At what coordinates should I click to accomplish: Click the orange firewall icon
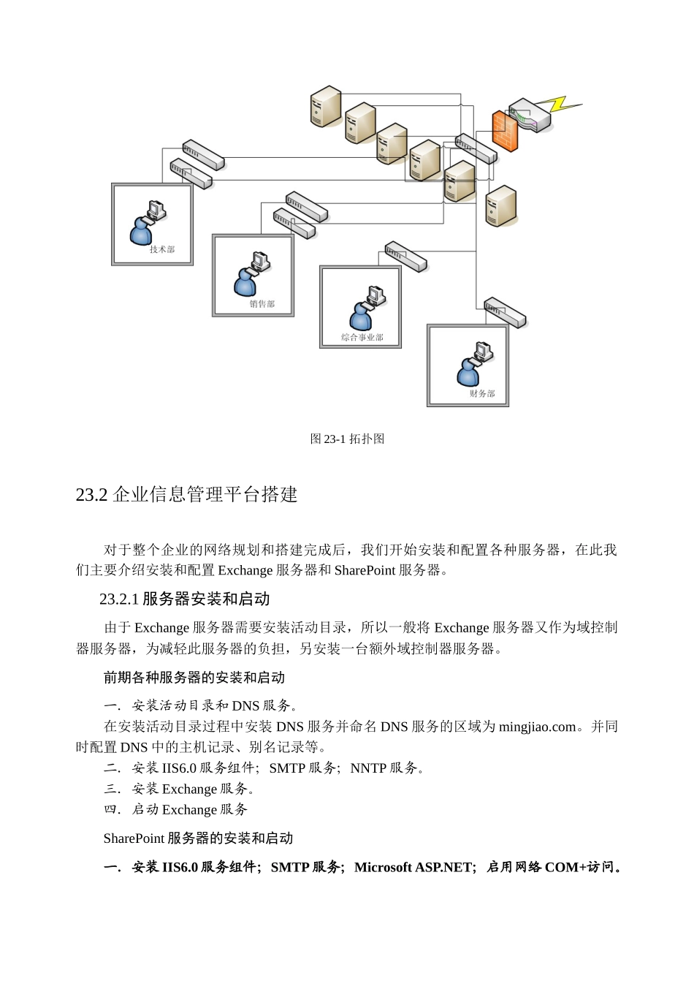505,131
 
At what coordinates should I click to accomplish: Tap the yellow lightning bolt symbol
563,105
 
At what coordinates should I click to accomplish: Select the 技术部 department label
162,249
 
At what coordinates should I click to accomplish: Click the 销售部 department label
262,304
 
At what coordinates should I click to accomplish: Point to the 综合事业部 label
362,338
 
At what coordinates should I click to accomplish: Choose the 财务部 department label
482,394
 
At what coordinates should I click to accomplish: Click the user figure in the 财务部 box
468,373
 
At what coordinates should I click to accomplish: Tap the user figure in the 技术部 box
141,231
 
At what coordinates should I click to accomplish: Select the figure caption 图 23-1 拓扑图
347,439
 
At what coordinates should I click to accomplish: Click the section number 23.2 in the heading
92,495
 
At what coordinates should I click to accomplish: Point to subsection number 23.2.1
119,599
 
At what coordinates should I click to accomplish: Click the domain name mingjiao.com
538,727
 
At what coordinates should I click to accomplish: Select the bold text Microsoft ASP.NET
413,867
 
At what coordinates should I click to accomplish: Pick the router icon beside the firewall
532,115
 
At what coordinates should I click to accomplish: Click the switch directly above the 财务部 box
505,312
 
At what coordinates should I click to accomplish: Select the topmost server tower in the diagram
326,106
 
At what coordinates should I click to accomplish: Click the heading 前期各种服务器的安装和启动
194,678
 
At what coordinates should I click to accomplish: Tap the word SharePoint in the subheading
134,838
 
